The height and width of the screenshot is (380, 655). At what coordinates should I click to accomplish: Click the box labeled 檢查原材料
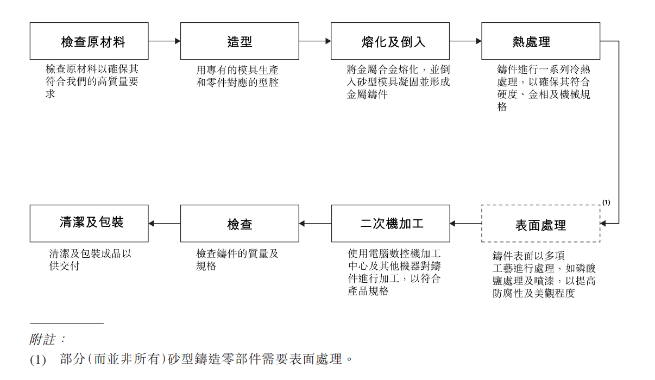(89, 41)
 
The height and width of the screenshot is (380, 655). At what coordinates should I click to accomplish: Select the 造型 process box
(240, 41)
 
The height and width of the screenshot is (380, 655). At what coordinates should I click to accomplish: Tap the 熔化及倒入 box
(390, 41)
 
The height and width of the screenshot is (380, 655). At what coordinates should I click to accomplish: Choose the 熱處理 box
(540, 41)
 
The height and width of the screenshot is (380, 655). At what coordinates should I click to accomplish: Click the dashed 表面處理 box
(540, 224)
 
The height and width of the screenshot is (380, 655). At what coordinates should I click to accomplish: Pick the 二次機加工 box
(391, 224)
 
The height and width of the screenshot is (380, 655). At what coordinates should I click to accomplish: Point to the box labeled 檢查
(240, 224)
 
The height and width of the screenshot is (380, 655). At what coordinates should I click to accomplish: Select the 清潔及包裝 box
(89, 224)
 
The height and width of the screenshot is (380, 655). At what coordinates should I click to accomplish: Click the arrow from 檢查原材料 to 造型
(164, 41)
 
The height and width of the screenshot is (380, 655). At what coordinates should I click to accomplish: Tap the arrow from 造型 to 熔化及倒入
(314, 41)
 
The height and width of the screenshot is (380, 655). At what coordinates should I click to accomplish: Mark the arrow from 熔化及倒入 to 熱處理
(465, 41)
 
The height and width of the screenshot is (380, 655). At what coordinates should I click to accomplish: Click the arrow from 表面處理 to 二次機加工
(465, 224)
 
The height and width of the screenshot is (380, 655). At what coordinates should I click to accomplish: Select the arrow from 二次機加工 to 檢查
(315, 224)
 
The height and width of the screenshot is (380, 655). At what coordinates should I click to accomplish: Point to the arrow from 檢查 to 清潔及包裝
(164, 224)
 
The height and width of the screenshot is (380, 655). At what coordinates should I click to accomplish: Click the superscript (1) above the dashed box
(606, 202)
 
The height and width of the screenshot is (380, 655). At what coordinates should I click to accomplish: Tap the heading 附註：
(47, 340)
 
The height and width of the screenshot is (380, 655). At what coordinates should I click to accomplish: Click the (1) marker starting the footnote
(37, 359)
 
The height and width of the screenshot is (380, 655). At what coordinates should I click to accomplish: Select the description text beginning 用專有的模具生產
(237, 77)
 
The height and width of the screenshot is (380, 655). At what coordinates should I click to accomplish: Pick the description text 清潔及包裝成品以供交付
(90, 259)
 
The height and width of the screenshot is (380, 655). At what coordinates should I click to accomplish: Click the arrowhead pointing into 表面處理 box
(603, 224)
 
